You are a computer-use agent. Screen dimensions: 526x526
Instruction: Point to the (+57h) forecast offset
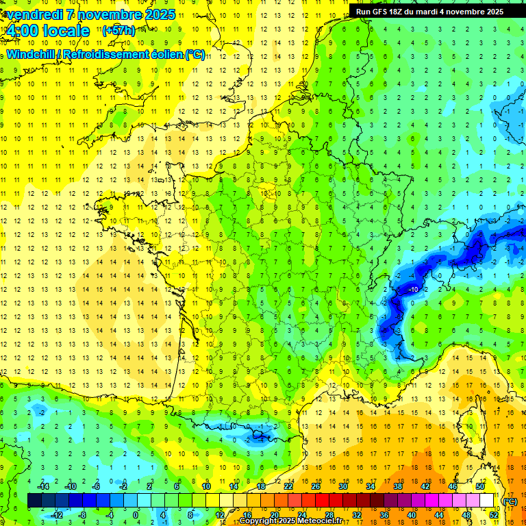point(118,32)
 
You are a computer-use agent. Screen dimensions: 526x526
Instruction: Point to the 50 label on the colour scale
point(479,486)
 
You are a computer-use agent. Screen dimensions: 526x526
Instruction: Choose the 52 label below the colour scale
point(494,515)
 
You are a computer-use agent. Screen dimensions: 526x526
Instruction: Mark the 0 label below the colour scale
point(136,515)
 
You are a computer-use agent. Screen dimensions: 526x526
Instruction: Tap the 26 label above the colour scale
point(316,486)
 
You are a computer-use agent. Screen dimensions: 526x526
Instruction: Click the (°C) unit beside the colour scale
point(510,501)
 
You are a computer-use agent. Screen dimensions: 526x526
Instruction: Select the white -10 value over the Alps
point(414,290)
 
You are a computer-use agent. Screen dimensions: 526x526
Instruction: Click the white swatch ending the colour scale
point(487,501)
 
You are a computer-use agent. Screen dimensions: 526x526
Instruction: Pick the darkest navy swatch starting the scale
point(34,501)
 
